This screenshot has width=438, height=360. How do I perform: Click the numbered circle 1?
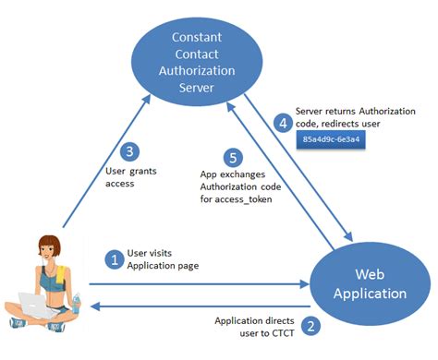tap(116, 260)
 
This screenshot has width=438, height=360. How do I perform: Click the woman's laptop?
tap(31, 306)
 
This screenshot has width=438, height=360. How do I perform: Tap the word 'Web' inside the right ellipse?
tap(370, 274)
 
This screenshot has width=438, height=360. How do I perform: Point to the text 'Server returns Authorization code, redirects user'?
tap(352, 115)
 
